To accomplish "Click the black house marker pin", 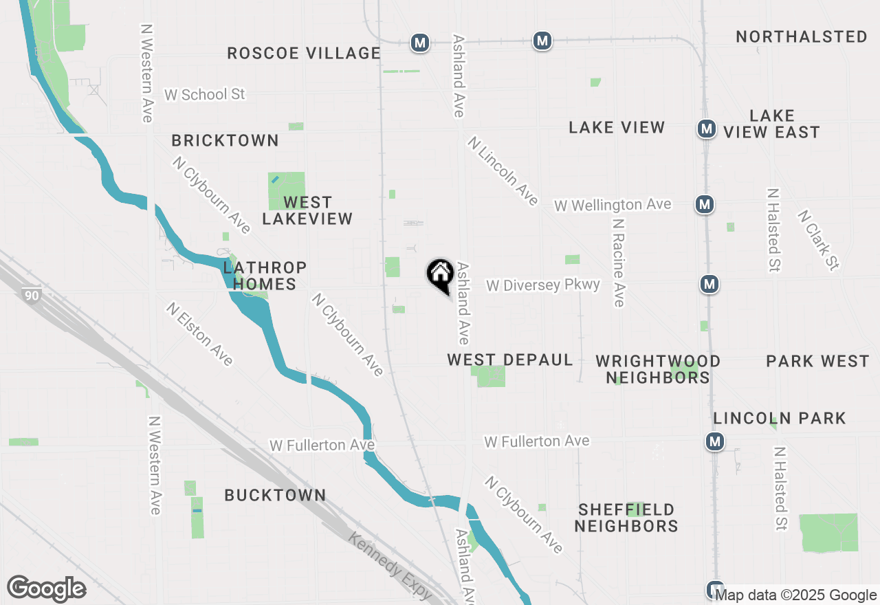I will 439,275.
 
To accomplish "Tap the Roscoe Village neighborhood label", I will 304,53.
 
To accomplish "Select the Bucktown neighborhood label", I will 275,495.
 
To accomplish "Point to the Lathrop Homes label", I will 264,276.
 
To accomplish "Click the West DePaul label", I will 510,360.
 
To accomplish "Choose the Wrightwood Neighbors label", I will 658,369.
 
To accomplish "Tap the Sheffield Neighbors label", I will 626,518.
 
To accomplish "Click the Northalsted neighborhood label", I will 802,36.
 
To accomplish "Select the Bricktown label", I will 225,140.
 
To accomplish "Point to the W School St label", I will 205,94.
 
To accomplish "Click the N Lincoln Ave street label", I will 503,170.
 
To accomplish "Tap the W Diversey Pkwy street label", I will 543,285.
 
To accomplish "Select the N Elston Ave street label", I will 199,333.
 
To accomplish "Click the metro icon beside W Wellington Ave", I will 703,204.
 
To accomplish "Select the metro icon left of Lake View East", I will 705,128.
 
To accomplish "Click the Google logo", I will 47,588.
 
